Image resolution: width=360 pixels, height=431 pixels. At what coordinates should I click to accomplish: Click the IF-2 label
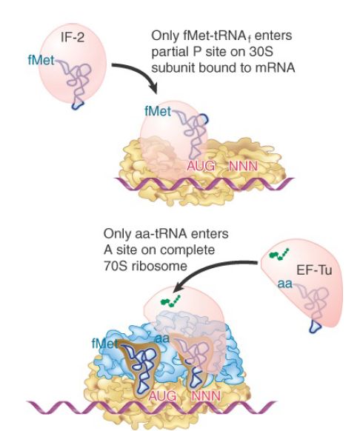coord(73,38)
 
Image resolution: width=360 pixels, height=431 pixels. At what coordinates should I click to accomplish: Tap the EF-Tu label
coord(314,270)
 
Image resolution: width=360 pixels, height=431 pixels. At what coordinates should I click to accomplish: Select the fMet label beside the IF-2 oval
coord(41,60)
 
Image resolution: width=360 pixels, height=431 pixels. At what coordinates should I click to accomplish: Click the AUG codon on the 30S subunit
coord(201,166)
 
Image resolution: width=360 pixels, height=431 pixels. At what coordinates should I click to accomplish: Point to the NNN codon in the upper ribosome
coord(243,166)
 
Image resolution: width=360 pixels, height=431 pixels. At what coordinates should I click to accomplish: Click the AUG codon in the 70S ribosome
coord(162,395)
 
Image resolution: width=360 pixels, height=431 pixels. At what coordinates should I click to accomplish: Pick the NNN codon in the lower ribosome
coord(205,395)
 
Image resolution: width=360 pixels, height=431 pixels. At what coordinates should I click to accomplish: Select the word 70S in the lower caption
coord(116,266)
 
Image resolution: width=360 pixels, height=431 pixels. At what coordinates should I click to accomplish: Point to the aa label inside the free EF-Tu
coord(285,284)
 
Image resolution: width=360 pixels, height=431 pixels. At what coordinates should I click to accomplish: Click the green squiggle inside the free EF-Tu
coord(279,254)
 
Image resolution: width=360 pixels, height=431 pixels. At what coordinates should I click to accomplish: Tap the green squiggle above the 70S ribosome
coord(170,301)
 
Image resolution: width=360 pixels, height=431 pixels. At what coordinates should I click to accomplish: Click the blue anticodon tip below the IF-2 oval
coord(78,105)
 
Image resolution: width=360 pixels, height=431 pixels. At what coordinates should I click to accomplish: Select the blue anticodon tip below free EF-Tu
coord(315,327)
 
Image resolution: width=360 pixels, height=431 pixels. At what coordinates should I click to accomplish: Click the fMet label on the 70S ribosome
coord(104,344)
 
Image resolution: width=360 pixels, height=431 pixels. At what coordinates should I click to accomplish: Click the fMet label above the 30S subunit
coord(158,111)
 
